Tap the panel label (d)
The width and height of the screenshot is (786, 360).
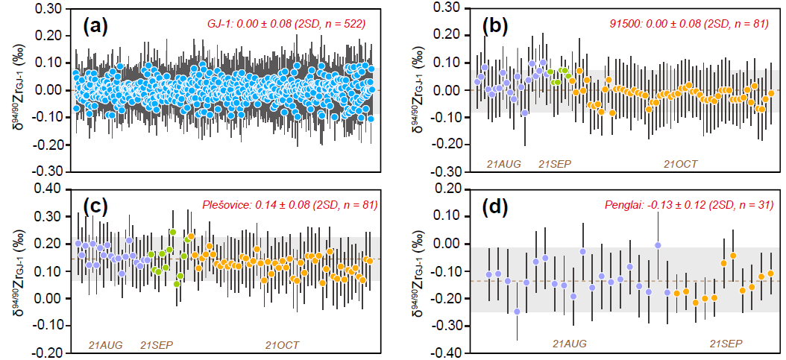pos(495,206)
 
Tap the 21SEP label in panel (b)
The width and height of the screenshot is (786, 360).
pos(556,162)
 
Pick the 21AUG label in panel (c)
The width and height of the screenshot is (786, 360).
pos(96,344)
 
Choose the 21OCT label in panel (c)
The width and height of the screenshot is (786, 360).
pos(283,344)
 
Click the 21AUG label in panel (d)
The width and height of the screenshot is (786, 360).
pos(569,344)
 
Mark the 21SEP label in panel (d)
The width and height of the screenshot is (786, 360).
pos(724,344)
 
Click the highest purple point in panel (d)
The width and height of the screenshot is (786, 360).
pos(658,245)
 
